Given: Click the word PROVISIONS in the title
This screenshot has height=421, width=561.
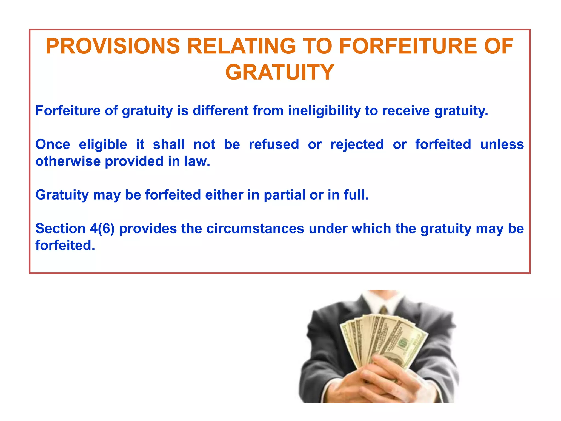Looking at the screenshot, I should pyautogui.click(x=113, y=46).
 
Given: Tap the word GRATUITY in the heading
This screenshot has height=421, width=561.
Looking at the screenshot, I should pyautogui.click(x=280, y=72).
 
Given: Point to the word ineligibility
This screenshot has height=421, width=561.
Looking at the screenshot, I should pyautogui.click(x=324, y=111).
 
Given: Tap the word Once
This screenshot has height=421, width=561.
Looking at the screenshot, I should pyautogui.click(x=53, y=144).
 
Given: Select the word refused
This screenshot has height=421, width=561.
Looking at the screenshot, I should pyautogui.click(x=274, y=144).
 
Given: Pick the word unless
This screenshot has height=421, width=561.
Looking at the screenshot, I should pyautogui.click(x=502, y=144).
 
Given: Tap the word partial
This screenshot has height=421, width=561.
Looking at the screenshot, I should pyautogui.click(x=284, y=195).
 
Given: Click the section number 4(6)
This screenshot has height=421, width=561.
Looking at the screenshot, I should pyautogui.click(x=102, y=229).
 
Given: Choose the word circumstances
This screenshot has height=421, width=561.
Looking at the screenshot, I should pyautogui.click(x=255, y=229).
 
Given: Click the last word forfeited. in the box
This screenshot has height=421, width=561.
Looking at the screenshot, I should pyautogui.click(x=65, y=245).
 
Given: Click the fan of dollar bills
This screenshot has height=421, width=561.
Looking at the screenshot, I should pyautogui.click(x=383, y=340).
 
